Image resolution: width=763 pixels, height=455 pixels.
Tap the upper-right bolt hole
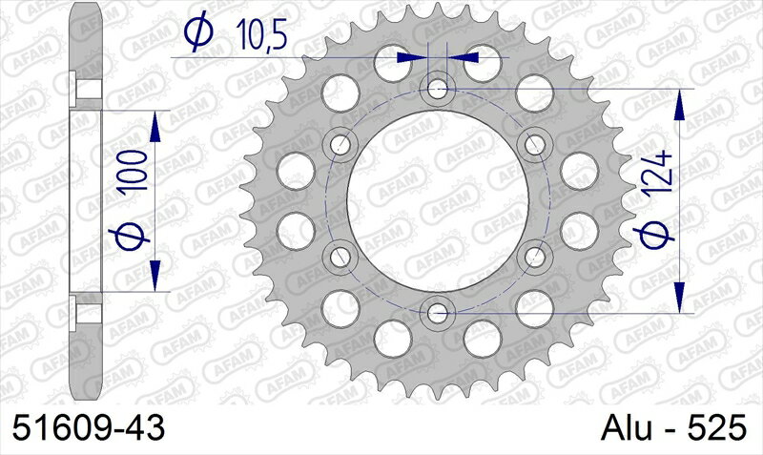pyautogui.click(x=535, y=145)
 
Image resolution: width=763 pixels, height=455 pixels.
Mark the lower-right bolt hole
pyautogui.click(x=535, y=255)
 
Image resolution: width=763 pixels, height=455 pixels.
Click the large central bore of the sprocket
pyautogui.click(x=439, y=200)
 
